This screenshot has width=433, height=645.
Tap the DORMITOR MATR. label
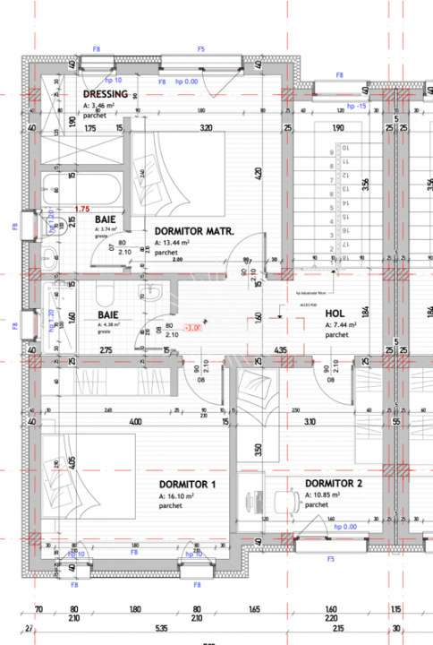(194, 231)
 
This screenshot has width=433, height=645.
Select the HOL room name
(335, 314)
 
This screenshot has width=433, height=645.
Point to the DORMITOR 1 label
(187, 484)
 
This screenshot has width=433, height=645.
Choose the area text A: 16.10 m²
(176, 495)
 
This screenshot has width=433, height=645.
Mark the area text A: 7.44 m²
(342, 325)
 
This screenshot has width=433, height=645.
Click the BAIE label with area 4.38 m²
(108, 315)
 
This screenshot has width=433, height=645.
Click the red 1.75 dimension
(84, 209)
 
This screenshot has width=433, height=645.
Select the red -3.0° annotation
(192, 327)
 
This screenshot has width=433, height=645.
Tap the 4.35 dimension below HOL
(280, 349)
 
